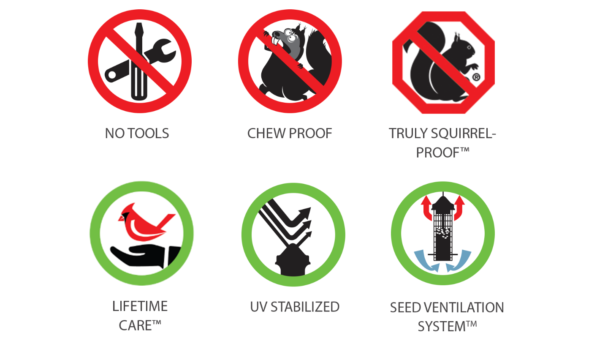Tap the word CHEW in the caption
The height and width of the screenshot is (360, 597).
tap(266, 134)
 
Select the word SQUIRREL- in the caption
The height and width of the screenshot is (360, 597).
tap(463, 134)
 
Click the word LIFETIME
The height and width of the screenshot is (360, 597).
tap(140, 306)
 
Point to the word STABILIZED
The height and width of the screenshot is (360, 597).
tap(305, 307)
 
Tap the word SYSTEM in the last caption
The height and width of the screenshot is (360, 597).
tap(442, 327)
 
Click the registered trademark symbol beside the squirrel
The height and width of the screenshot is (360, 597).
tap(476, 77)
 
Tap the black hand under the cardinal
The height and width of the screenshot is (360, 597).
tap(145, 256)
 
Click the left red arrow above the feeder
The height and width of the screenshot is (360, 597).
tap(426, 208)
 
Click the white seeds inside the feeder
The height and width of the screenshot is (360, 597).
tap(442, 233)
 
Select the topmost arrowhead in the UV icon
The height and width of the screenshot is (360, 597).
tap(305, 213)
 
